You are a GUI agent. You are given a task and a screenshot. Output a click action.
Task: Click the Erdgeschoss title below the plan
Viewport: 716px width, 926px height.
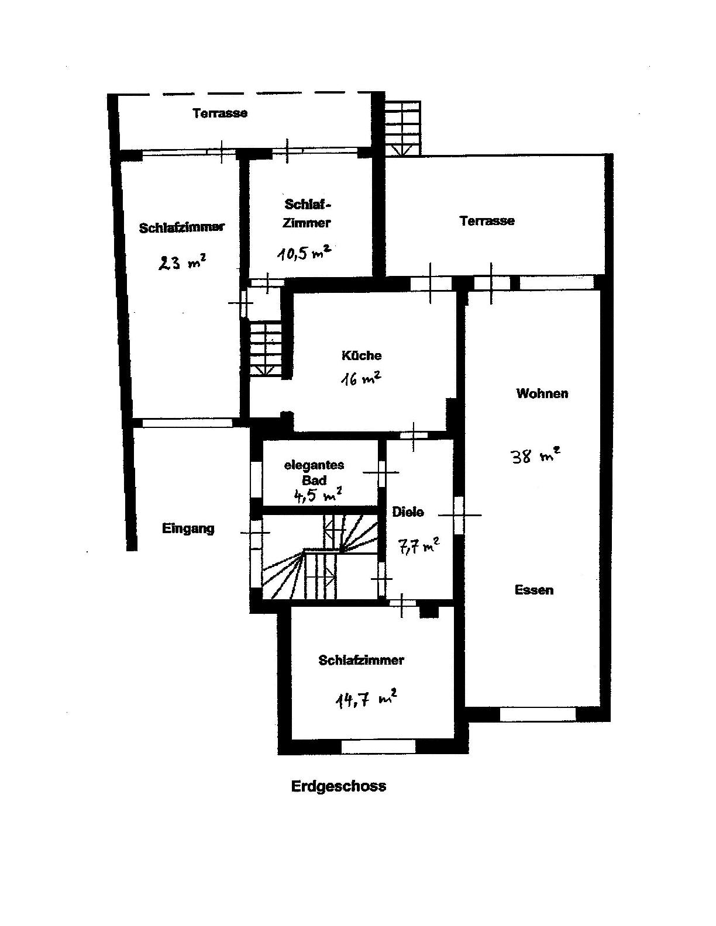[339, 786]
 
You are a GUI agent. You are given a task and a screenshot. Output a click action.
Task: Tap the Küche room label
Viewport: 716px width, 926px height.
[361, 355]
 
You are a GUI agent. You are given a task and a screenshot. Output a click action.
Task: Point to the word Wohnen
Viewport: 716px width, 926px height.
[542, 393]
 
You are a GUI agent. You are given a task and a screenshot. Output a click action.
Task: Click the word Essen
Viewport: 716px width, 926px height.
[534, 590]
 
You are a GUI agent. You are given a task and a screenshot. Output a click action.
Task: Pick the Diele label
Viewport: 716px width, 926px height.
[408, 512]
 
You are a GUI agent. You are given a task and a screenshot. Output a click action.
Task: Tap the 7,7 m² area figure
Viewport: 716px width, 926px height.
[418, 547]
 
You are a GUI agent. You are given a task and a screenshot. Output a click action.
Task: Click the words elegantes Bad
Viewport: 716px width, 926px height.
[314, 472]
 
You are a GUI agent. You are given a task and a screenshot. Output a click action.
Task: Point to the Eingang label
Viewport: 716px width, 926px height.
[188, 529]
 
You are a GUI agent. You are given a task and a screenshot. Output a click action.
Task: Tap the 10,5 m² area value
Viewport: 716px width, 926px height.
[304, 253]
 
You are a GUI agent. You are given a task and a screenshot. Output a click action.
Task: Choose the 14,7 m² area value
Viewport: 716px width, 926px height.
[367, 700]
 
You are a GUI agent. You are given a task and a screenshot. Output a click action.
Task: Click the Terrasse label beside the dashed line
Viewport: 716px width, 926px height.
[219, 113]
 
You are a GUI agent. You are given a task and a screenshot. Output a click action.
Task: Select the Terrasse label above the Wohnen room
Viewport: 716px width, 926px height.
[487, 221]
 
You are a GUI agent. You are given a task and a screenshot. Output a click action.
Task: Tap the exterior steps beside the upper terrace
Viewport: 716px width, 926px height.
[402, 128]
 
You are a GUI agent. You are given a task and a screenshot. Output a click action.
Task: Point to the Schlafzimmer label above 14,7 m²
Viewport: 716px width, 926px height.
[361, 661]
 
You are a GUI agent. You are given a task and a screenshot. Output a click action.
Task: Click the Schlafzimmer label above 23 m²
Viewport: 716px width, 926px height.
[182, 227]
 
